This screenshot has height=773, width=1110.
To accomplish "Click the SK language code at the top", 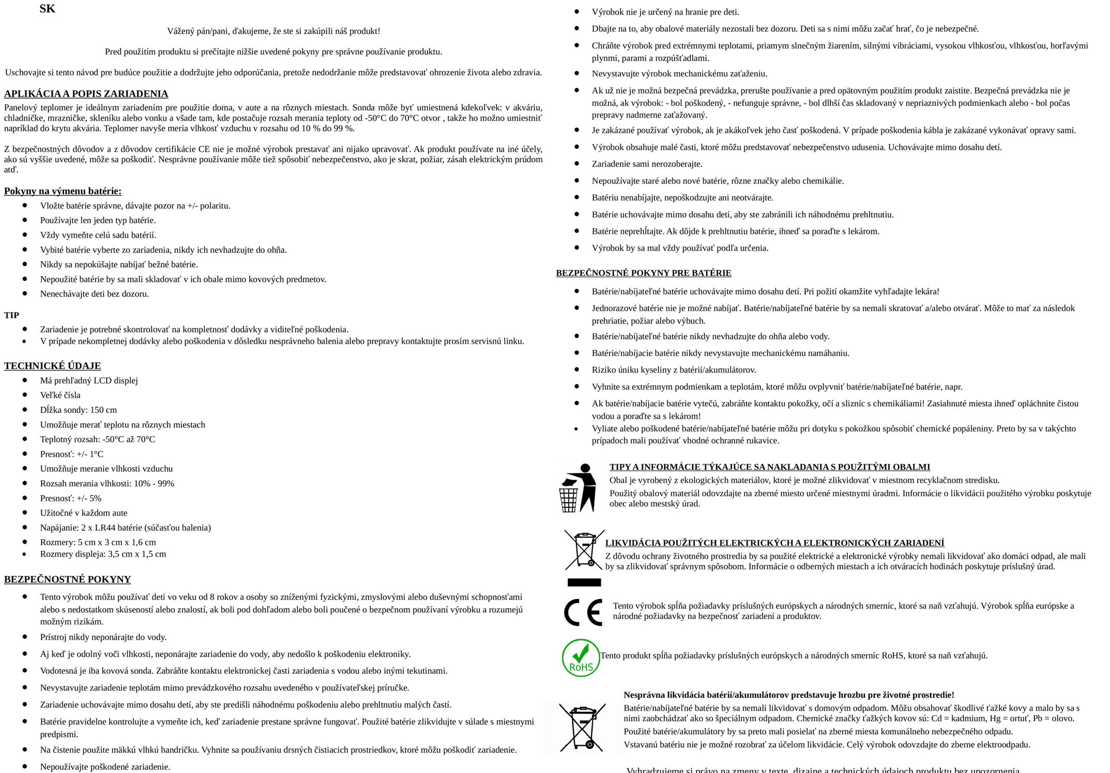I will pyautogui.click(x=47, y=9).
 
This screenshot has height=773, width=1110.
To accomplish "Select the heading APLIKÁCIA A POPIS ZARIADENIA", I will pyautogui.click(x=86, y=94).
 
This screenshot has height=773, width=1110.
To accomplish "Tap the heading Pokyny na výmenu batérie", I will pyautogui.click(x=63, y=191).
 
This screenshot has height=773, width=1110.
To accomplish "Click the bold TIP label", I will pyautogui.click(x=11, y=315).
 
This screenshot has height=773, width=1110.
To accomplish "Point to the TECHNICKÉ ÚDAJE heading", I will pyautogui.click(x=52, y=366).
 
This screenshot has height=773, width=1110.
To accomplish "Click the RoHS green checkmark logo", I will pyautogui.click(x=581, y=658).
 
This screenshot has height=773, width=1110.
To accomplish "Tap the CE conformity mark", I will pyautogui.click(x=583, y=612).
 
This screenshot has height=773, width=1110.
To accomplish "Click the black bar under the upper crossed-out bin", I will pyautogui.click(x=584, y=582).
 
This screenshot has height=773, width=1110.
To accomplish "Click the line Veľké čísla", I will pyautogui.click(x=60, y=395).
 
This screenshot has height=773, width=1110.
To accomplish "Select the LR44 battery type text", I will pyautogui.click(x=103, y=528).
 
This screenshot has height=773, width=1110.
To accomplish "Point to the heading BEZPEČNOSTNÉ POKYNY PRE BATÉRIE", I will pyautogui.click(x=644, y=273).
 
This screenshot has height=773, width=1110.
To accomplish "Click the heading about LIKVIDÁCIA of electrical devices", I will pyautogui.click(x=774, y=543).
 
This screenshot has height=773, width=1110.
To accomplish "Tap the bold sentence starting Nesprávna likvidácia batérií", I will pyautogui.click(x=788, y=695).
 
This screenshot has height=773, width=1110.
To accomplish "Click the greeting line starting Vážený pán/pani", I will pyautogui.click(x=273, y=31).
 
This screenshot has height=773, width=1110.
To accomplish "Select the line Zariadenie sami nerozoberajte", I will pyautogui.click(x=647, y=164).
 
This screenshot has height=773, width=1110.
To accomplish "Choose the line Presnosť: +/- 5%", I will pyautogui.click(x=71, y=498).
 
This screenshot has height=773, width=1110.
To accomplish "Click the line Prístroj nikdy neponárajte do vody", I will pyautogui.click(x=103, y=637).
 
